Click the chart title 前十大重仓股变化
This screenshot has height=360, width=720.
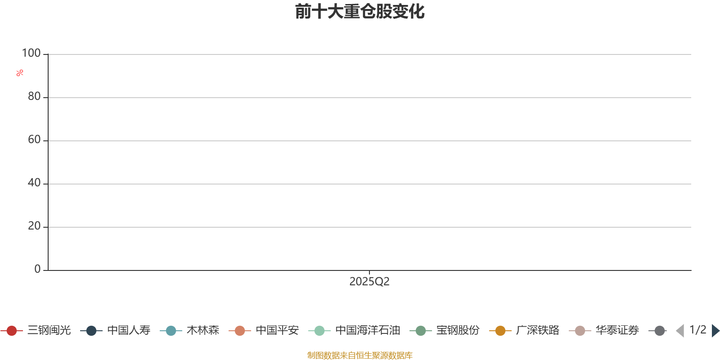[x=360, y=12]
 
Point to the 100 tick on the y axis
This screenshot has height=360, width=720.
[x=31, y=53]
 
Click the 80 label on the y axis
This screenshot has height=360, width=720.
[x=34, y=96]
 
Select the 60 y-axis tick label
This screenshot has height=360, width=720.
[x=34, y=139]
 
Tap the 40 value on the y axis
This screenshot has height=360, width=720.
[x=34, y=183]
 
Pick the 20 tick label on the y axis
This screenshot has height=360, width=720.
[x=34, y=226]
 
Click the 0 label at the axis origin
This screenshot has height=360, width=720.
[x=37, y=269]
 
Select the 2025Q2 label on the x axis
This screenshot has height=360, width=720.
[x=369, y=282]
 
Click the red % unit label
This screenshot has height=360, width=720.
[x=20, y=73]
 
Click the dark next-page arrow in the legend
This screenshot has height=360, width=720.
[x=715, y=331]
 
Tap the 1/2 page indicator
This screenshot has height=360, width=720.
[x=698, y=330]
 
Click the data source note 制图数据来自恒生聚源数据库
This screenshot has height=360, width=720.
[x=360, y=355]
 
